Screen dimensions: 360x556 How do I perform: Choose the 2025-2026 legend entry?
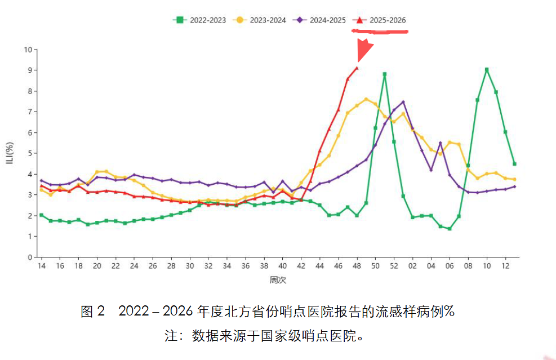tap(380, 20)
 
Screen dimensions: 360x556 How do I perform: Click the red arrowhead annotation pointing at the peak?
tap(364, 50)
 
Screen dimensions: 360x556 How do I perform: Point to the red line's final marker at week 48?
tap(357, 68)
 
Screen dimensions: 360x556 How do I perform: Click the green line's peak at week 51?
tap(384, 74)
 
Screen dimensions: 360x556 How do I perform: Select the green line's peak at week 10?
tap(487, 70)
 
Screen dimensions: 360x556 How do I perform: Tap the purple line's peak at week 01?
tap(403, 102)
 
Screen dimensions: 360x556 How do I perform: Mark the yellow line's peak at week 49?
tap(366, 99)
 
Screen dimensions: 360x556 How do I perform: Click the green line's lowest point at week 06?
tap(450, 229)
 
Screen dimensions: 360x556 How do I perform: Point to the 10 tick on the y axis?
tap(28, 50)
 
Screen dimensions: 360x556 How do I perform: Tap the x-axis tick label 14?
tap(41, 265)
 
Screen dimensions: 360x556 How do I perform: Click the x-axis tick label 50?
tap(375, 265)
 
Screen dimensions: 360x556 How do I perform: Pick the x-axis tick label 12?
tap(505, 265)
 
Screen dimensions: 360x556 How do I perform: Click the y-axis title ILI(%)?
tap(10, 153)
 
